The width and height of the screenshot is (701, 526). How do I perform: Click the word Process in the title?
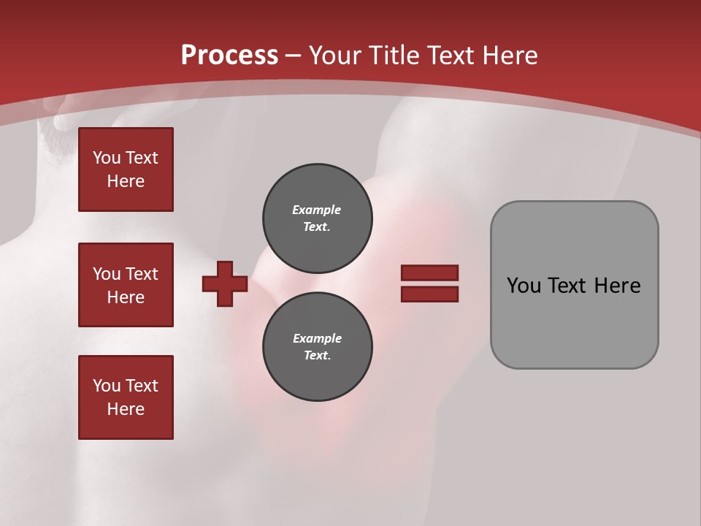(229, 56)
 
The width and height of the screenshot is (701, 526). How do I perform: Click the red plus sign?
(225, 283)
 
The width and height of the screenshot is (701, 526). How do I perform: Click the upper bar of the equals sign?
(429, 273)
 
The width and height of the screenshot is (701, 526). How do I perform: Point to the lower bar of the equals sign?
(429, 294)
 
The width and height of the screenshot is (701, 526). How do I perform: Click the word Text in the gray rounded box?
(574, 285)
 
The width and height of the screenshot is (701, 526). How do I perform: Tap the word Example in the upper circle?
(316, 210)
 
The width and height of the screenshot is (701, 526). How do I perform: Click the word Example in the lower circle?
(317, 338)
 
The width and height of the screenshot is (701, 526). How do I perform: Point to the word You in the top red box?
(107, 158)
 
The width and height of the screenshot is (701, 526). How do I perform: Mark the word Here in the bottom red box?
(126, 409)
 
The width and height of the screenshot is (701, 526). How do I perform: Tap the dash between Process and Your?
(293, 56)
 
